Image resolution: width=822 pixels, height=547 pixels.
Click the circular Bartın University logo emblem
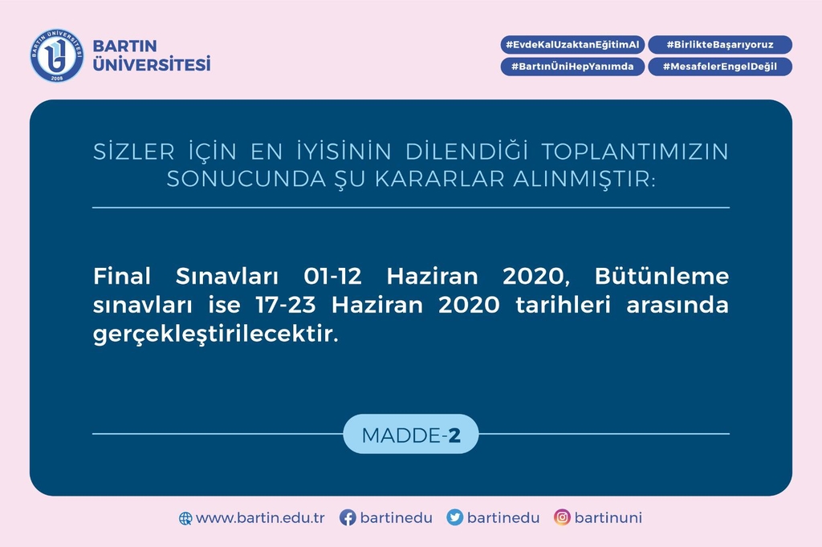tap(57, 55)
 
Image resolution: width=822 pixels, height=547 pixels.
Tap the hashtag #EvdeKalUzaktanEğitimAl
tap(572, 45)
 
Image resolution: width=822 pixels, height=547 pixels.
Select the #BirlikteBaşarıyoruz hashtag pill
tap(720, 45)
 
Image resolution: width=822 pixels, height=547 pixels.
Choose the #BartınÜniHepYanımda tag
tap(572, 67)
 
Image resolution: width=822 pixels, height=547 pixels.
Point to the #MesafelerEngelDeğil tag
tap(720, 67)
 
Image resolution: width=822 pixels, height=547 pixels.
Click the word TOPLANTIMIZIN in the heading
tap(635, 152)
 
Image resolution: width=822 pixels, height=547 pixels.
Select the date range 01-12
tap(332, 276)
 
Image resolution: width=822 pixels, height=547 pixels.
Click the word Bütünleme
tap(661, 276)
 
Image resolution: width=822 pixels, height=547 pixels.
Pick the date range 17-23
tap(286, 305)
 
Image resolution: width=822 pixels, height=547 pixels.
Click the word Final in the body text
tap(122, 276)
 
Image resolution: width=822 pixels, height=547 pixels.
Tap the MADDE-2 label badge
tap(411, 434)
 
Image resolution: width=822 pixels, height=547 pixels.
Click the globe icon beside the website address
tap(185, 518)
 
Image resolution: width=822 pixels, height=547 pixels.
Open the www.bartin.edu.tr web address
tap(260, 517)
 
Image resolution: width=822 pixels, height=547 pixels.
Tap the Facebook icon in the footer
tap(348, 517)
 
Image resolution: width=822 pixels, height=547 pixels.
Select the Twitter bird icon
tap(454, 517)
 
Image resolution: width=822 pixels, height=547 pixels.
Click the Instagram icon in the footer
tap(562, 517)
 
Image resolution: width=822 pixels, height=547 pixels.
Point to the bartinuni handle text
tap(608, 517)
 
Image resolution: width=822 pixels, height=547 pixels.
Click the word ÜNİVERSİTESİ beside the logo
tap(152, 63)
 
